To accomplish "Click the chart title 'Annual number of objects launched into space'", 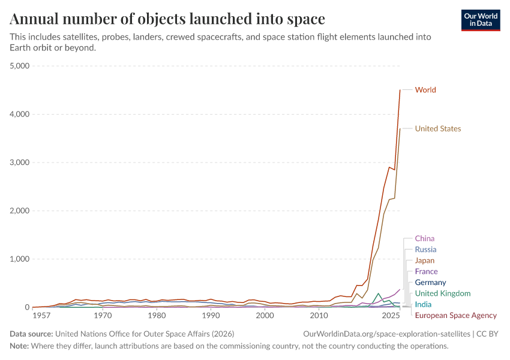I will pos(167,19).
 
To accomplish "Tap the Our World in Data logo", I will pos(481,20).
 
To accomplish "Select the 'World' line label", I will pos(425,90).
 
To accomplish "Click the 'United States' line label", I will pos(438,128).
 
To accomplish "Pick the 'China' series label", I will pos(425,239).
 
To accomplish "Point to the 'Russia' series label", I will pos(425,250).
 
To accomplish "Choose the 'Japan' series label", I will pos(425,261).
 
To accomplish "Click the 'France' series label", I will pos(426,272).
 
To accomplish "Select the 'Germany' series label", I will pos(430,283).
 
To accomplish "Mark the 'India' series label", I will pos(423,305).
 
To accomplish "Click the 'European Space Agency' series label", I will pos(456,316).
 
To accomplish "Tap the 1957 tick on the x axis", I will pos(41,316).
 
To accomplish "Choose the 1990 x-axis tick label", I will pos(211,316).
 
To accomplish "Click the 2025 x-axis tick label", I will pos(390,316).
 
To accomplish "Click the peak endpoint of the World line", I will pos(400,90).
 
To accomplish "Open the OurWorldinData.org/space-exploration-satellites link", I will pos(386,334).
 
